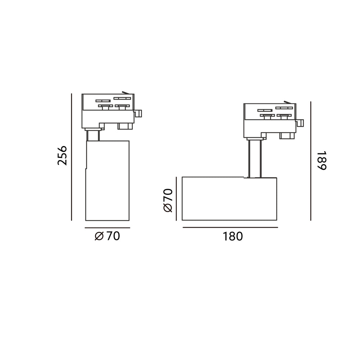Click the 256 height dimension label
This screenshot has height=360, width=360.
[62, 156]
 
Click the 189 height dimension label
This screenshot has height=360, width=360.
[321, 161]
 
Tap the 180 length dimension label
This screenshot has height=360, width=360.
[233, 236]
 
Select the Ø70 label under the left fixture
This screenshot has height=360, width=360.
[107, 236]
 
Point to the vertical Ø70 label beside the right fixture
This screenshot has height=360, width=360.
[168, 200]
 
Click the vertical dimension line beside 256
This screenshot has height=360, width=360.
[71, 157]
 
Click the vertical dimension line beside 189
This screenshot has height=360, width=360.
[311, 161]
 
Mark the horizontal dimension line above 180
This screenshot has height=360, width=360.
[230, 227]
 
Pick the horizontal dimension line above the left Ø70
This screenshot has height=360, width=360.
[107, 228]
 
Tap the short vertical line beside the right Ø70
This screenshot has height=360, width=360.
[176, 199]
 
